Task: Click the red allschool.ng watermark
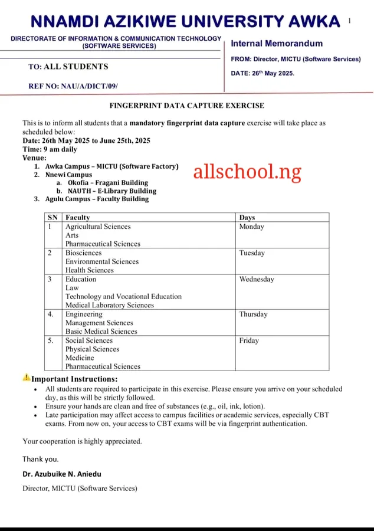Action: pyautogui.click(x=247, y=172)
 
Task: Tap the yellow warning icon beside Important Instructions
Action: pyautogui.click(x=27, y=378)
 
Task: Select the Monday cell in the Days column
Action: pyautogui.click(x=251, y=227)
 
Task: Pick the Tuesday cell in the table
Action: pyautogui.click(x=252, y=253)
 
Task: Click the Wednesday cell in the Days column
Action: pyautogui.click(x=257, y=279)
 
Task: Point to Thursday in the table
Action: pyautogui.click(x=253, y=314)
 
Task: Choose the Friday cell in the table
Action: pyautogui.click(x=249, y=340)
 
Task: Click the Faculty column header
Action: pyautogui.click(x=77, y=218)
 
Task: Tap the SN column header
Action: pyautogui.click(x=53, y=218)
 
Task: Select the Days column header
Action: pyautogui.click(x=247, y=218)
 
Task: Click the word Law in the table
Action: pyautogui.click(x=72, y=288)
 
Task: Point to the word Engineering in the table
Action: pyautogui.click(x=84, y=314)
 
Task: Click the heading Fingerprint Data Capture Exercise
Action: pyautogui.click(x=187, y=106)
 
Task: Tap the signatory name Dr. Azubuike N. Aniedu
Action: pyautogui.click(x=63, y=474)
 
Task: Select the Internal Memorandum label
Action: pyautogui.click(x=277, y=43)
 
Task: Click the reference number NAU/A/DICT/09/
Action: pyautogui.click(x=73, y=86)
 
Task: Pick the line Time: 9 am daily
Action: pyautogui.click(x=50, y=150)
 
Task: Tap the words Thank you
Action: pyautogui.click(x=40, y=459)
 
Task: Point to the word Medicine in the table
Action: pyautogui.click(x=80, y=358)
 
